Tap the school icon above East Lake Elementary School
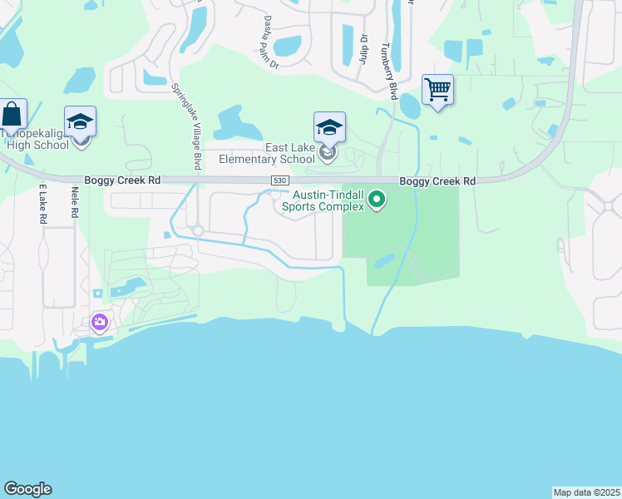pos(329,128)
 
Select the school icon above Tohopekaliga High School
pos(81,122)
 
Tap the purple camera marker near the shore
pos(100,322)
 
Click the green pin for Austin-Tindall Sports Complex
pos(377,200)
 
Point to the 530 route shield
pos(279,180)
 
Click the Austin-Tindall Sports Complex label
pos(323,200)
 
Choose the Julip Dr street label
pos(363,48)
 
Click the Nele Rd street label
pos(75,202)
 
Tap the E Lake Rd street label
pos(42,205)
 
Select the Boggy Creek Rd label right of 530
pos(437,180)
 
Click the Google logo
pos(27,489)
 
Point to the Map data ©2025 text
pos(586,492)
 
